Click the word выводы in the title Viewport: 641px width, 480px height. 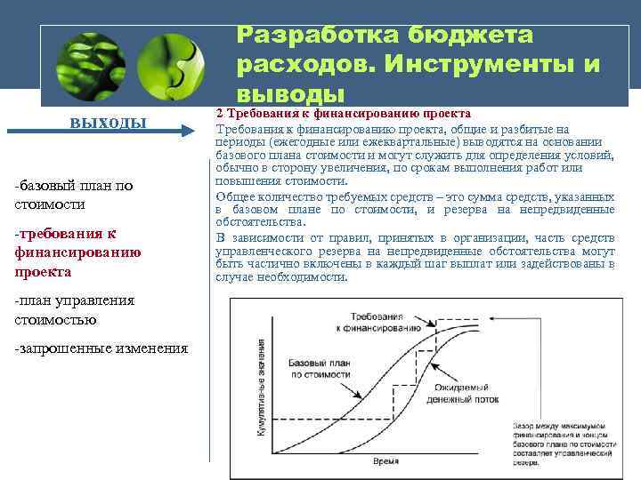pos(290,94)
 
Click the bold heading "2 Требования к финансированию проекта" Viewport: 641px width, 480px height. pos(343,114)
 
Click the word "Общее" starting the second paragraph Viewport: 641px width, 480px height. pos(233,196)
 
